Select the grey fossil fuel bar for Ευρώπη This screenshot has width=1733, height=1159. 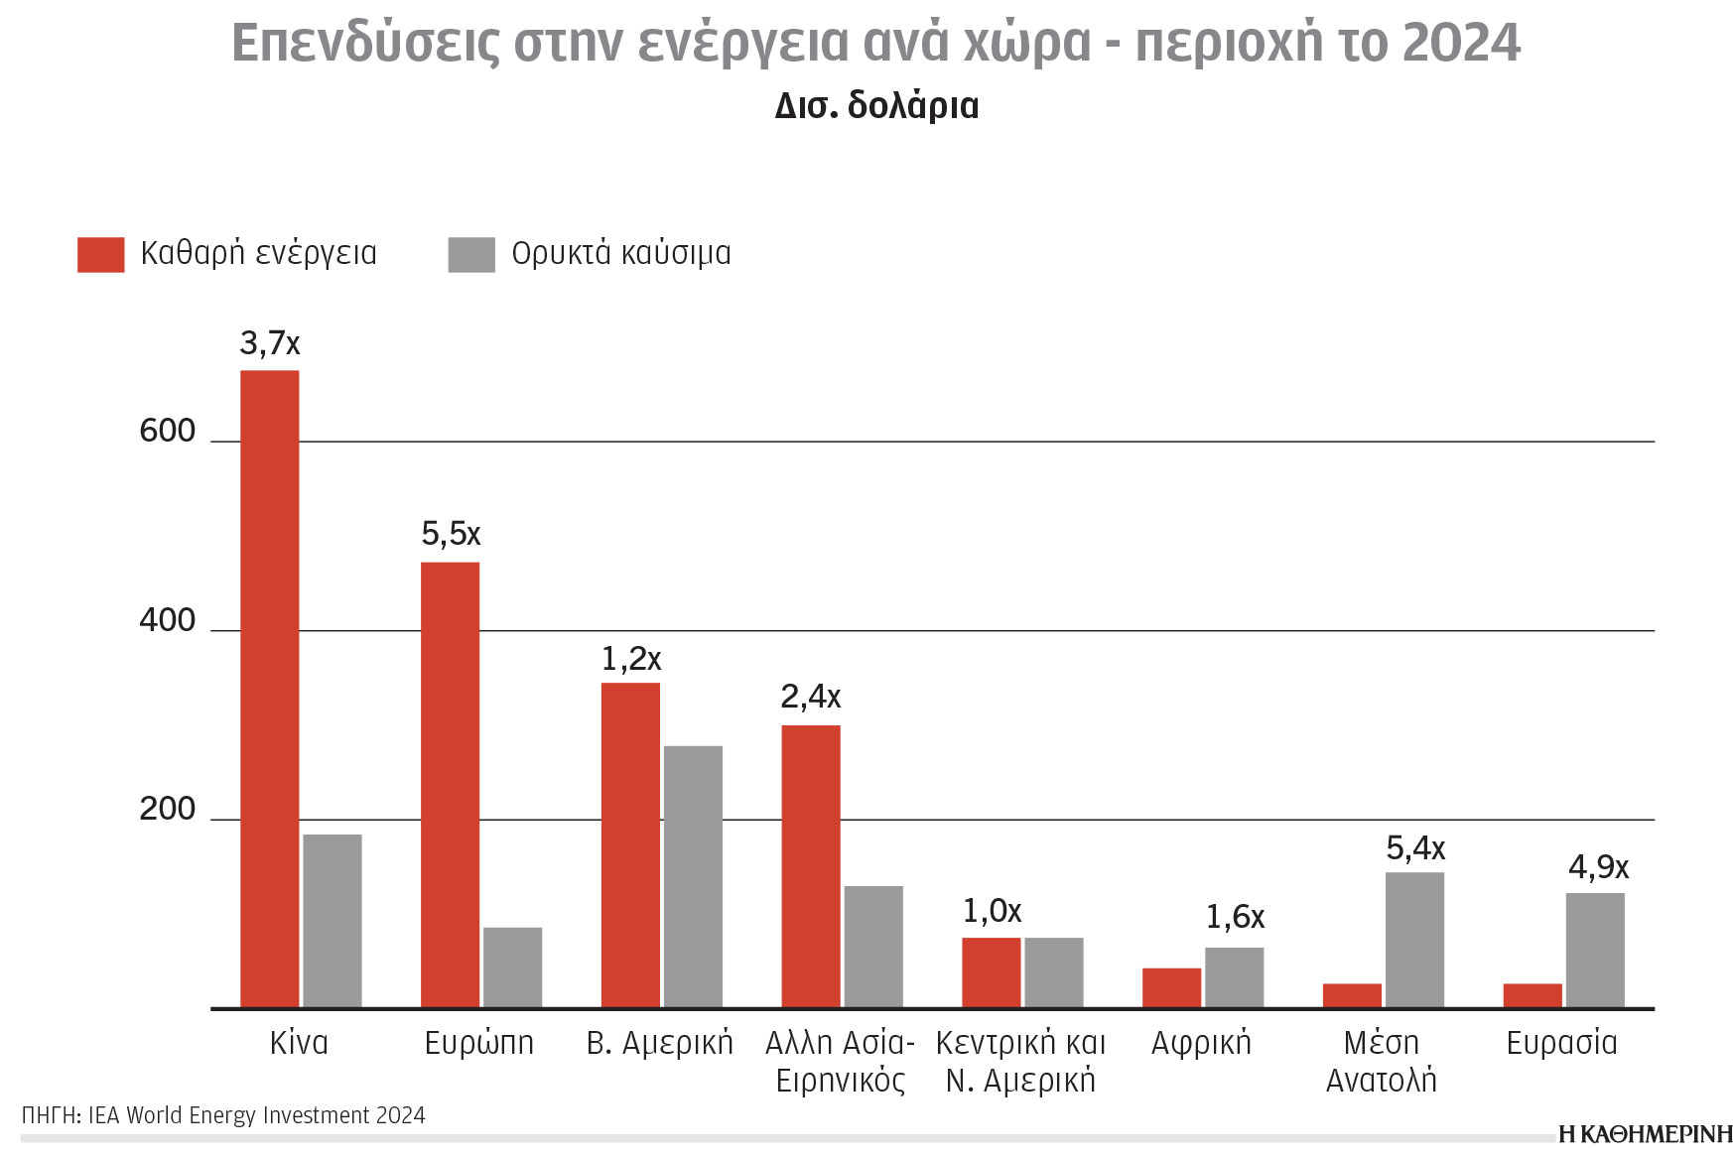512,967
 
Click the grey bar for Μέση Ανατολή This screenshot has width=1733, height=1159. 1414,940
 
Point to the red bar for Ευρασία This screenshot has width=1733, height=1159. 1532,995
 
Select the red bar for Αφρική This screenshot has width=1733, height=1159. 1171,987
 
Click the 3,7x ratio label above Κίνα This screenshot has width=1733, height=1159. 269,343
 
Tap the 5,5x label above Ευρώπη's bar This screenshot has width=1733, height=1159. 451,534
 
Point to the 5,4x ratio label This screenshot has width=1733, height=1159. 1415,848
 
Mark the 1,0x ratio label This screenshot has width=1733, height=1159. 992,911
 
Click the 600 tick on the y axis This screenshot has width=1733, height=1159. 167,431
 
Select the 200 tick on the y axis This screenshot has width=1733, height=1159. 167,809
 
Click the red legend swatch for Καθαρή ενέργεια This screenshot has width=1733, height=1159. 100,254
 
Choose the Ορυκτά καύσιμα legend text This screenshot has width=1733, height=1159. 620,254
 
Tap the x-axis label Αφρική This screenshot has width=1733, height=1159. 1201,1043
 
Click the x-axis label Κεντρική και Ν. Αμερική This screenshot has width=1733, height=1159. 1020,1061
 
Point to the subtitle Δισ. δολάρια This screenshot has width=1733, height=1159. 876,106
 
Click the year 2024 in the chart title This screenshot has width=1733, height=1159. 1461,43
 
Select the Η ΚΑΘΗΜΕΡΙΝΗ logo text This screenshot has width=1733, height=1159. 1645,1134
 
